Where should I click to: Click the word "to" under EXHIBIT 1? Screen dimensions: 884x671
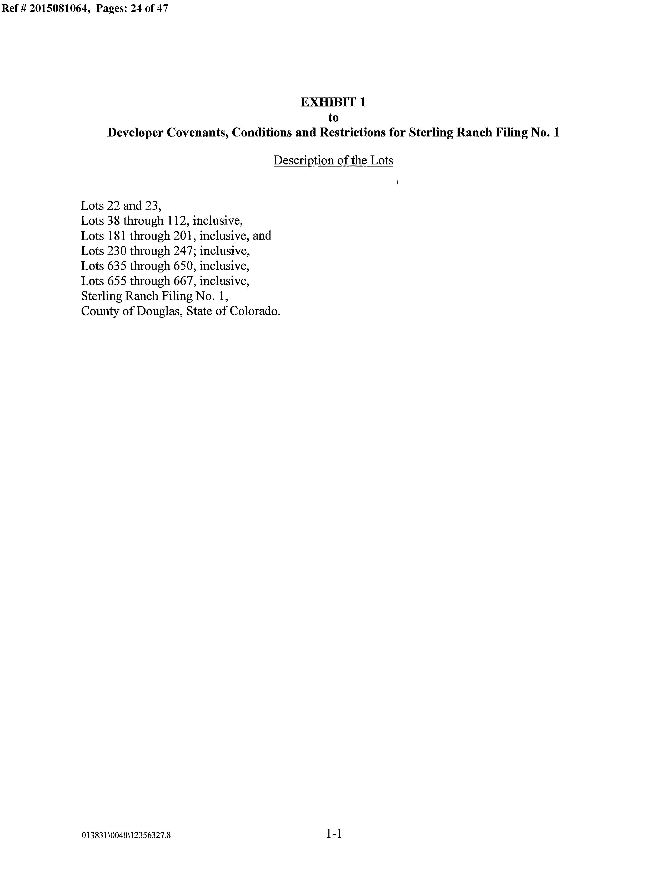tap(333, 118)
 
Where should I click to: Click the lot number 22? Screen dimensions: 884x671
tap(113, 206)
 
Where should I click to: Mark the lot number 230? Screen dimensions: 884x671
tap(117, 251)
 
